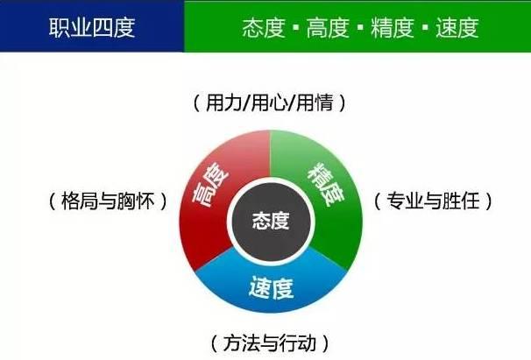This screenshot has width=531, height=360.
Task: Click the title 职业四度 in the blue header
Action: click(x=92, y=27)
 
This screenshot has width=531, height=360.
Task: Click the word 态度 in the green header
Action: click(x=264, y=28)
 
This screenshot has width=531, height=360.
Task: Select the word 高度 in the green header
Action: click(x=328, y=28)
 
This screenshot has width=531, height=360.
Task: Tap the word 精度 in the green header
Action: click(x=393, y=28)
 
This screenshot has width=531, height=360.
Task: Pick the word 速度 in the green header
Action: click(x=457, y=28)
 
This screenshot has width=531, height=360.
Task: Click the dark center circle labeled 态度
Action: click(x=271, y=221)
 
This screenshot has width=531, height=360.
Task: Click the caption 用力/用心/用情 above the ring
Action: click(x=270, y=102)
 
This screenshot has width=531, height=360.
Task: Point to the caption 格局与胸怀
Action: click(x=109, y=201)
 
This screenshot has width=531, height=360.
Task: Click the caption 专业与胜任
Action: click(x=433, y=201)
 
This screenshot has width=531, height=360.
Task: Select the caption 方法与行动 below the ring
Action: click(x=270, y=343)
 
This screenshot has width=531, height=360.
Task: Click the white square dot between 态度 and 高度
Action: click(x=296, y=27)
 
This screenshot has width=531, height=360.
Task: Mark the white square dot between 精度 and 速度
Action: click(x=425, y=27)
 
